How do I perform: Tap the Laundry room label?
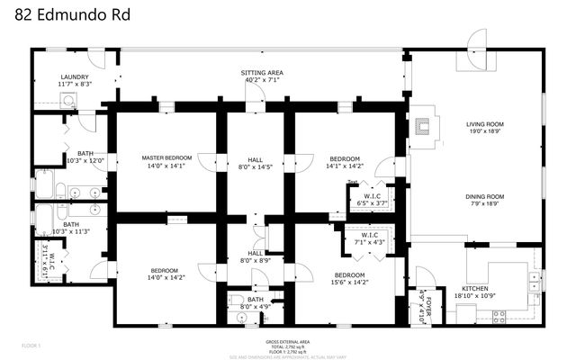74,77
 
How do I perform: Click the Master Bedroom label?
164,157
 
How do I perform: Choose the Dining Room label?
484,196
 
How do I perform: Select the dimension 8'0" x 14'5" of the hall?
255,166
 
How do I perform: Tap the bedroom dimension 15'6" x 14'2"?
349,283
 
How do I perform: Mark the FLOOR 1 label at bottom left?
31,345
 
